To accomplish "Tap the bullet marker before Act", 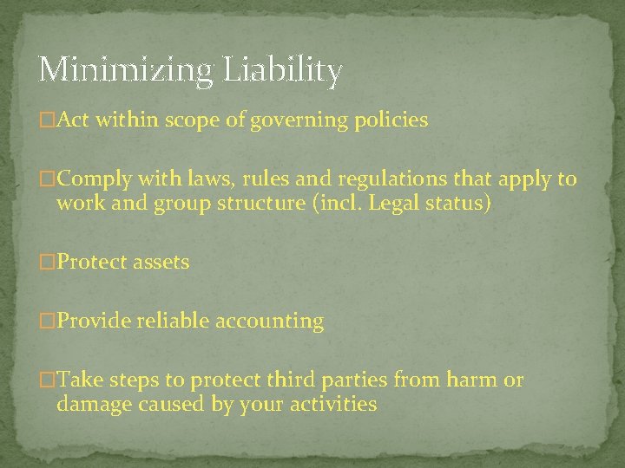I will pyautogui.click(x=48, y=121).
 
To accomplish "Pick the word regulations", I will pyautogui.click(x=375, y=179).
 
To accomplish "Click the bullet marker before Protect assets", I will pyautogui.click(x=48, y=263).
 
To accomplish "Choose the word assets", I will pyautogui.click(x=161, y=263).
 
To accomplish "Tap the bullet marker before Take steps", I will pyautogui.click(x=48, y=380).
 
